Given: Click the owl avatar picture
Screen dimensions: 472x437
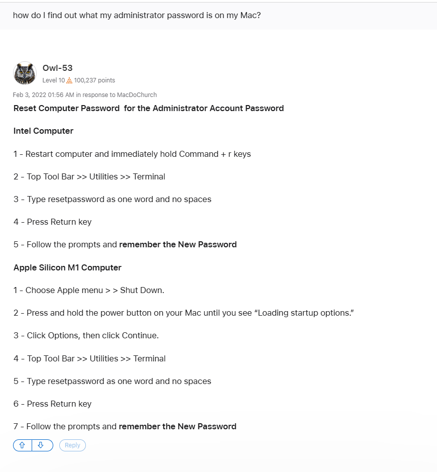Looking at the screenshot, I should click(x=25, y=73).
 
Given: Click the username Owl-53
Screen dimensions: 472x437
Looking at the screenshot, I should click(x=58, y=68).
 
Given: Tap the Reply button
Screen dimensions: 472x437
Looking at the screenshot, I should click(x=72, y=445).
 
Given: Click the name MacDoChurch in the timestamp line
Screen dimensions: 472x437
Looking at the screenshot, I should click(x=137, y=95).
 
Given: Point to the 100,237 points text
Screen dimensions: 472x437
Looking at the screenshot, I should click(x=94, y=80).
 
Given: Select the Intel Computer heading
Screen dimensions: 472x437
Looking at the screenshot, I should click(x=43, y=131).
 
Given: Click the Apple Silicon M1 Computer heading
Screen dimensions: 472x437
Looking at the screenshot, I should click(x=67, y=267).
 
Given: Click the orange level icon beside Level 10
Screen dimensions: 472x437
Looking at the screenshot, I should click(x=69, y=80).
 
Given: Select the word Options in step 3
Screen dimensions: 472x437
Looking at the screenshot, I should click(x=63, y=335).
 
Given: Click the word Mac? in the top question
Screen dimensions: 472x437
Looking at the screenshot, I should click(x=250, y=15).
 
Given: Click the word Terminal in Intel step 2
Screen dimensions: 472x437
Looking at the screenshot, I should click(x=149, y=176).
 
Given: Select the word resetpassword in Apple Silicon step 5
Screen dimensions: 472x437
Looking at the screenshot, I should click(x=76, y=381).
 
